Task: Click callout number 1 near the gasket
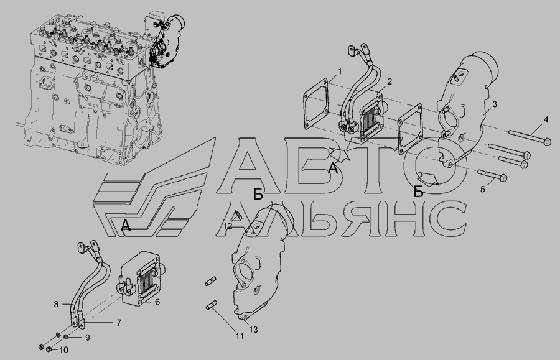[x=340, y=72]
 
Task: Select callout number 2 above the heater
[x=390, y=81]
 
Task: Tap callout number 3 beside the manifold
[x=494, y=104]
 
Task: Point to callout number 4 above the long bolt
[x=546, y=120]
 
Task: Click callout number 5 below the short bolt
[x=482, y=189]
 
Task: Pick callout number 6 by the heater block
[x=157, y=302]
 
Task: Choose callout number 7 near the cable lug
[x=119, y=323]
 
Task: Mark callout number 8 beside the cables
[x=56, y=304]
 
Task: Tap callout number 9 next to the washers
[x=88, y=338]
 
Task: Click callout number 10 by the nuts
[x=63, y=350]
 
